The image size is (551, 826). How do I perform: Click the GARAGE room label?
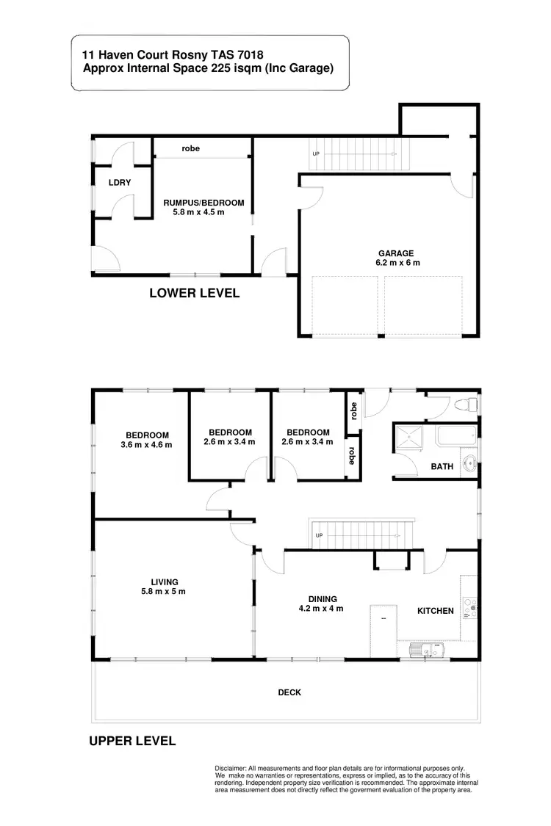point(397,253)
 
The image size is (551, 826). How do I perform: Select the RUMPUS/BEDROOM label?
point(204,203)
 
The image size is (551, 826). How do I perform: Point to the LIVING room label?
point(162,582)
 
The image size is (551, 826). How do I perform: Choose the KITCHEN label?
point(436,611)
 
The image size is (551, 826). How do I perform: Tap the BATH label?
point(442,466)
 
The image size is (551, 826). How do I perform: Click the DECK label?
point(289,692)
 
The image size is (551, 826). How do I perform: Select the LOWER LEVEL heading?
point(194,293)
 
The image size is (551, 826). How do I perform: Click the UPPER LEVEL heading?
point(132,741)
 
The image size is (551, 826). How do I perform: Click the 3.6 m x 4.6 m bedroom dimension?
point(146,444)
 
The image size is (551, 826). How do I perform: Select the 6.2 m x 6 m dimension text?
point(397,262)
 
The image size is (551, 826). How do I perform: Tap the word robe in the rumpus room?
point(191,149)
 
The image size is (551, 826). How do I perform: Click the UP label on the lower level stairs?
point(316,153)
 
